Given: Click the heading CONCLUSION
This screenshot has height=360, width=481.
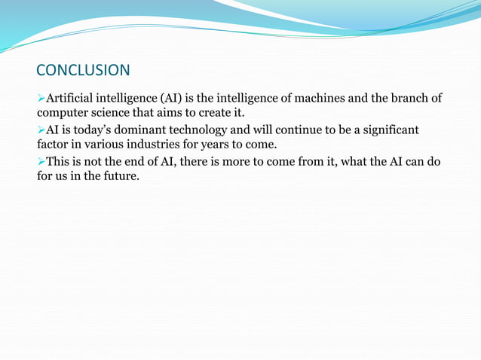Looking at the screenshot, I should point(83,71).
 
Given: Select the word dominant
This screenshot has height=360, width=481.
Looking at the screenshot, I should point(141,131).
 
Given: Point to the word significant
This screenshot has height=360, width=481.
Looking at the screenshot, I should point(386,131).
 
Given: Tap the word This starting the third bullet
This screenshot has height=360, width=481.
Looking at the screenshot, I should point(60,163).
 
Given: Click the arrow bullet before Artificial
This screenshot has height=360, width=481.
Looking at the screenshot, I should point(41,99).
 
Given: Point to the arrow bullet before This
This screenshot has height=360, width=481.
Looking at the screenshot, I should point(41,163).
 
